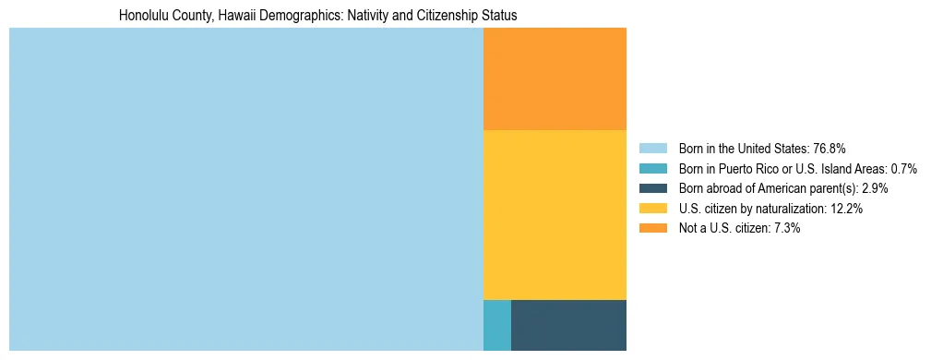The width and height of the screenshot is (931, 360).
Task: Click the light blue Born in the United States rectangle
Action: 245,188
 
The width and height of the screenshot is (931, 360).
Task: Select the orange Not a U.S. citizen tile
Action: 555,78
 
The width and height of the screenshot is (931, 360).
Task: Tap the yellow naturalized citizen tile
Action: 555,214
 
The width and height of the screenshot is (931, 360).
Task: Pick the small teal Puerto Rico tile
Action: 496,325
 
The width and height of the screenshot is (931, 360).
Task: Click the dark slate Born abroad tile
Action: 568,325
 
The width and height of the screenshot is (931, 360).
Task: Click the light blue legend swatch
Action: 653,149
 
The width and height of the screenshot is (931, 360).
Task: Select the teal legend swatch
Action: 653,169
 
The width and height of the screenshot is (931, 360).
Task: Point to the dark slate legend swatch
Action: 653,188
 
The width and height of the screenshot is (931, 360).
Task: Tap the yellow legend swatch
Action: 653,209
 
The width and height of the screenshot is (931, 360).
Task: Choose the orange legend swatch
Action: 653,228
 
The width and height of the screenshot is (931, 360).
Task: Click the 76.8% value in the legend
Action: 830,149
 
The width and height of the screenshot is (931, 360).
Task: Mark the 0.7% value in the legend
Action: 902,169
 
